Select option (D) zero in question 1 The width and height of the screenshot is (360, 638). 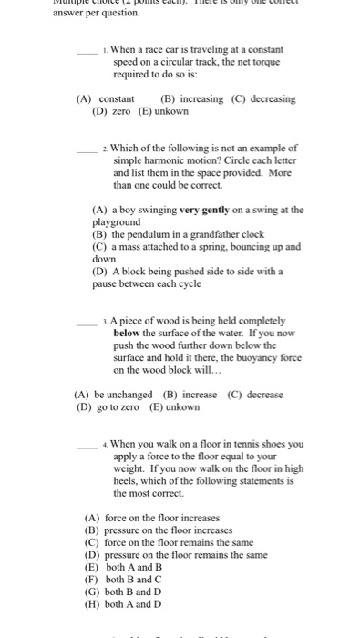pyautogui.click(x=112, y=111)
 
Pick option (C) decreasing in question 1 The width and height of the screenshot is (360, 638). pyautogui.click(x=259, y=98)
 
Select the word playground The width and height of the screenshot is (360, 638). pyautogui.click(x=117, y=221)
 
